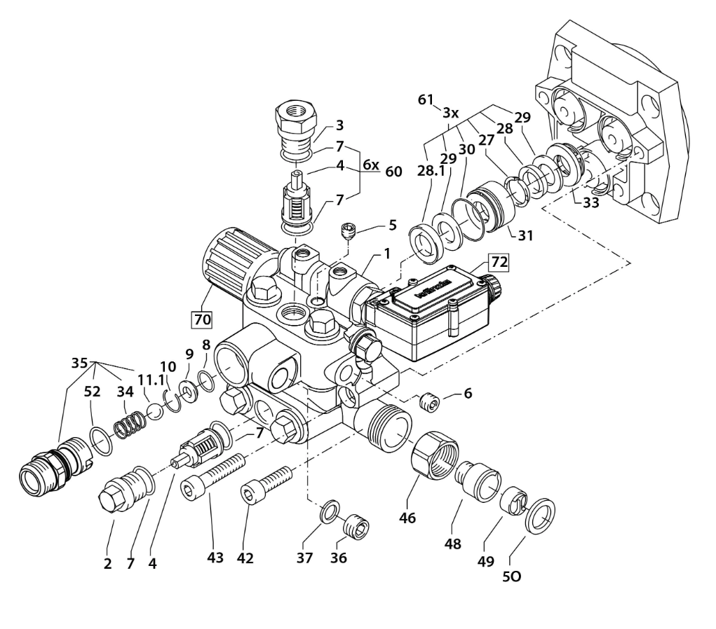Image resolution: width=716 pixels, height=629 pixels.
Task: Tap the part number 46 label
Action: point(407,518)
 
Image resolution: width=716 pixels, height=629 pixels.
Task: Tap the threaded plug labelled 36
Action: point(356,526)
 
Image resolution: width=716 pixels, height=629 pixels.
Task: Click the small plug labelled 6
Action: point(428,403)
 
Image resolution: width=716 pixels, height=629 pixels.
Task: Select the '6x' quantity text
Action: point(371,165)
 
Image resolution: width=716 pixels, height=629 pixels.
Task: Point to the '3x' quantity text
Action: point(450,112)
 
